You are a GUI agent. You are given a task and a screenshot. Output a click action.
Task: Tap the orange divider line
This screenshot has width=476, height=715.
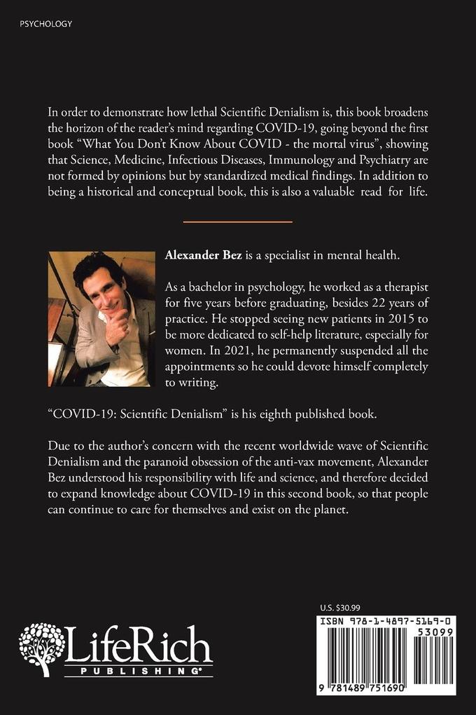[237, 222]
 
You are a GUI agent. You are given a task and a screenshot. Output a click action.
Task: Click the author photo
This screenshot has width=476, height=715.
[102, 319]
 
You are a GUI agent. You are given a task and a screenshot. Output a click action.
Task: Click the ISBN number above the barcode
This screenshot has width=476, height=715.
[384, 622]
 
